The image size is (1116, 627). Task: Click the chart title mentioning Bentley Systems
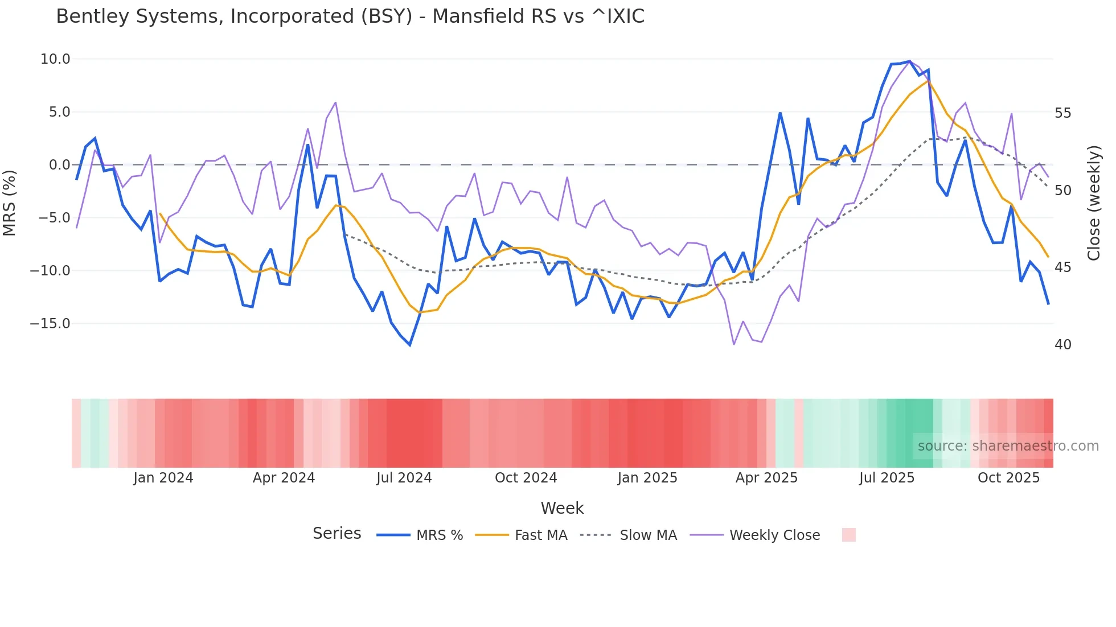350,16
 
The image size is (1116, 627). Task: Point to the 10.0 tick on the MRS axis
55,59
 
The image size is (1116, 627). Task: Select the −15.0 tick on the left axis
50,324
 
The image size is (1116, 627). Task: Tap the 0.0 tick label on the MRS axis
59,165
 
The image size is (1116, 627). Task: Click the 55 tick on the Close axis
1063,113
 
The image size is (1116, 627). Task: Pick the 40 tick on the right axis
1063,345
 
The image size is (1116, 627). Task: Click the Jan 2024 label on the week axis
163,478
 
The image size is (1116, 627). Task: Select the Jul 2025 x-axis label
887,478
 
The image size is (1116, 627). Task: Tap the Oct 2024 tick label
526,478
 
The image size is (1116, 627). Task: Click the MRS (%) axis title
10,203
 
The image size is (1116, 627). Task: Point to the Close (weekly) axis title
1093,203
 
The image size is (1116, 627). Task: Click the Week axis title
562,508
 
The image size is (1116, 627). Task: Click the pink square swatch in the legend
848,535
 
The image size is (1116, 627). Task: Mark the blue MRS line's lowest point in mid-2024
410,345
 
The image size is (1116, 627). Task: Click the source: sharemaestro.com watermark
1008,446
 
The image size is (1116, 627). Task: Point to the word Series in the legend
337,534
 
